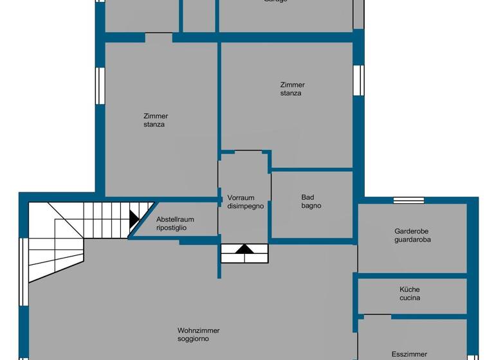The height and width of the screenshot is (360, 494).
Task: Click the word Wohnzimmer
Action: click(199, 330)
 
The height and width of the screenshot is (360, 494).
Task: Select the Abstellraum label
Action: click(175, 219)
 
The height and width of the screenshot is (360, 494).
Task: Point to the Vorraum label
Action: click(241, 198)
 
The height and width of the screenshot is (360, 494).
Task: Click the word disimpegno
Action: click(245, 206)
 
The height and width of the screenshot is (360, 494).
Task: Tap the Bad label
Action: click(308, 197)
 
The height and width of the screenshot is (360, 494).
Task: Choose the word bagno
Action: click(311, 206)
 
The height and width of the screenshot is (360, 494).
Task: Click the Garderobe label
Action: click(412, 231)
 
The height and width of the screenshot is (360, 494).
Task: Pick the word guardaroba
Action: click(412, 239)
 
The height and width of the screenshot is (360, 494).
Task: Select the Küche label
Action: click(410, 289)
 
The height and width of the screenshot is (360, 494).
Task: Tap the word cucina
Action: click(410, 298)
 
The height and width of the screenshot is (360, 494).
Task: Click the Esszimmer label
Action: click(410, 354)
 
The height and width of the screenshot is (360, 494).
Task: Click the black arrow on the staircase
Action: click(134, 219)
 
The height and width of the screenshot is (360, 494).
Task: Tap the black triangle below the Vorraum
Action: click(244, 249)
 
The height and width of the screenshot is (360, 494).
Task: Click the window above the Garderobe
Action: click(408, 200)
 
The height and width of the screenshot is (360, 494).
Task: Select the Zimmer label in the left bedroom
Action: click(156, 116)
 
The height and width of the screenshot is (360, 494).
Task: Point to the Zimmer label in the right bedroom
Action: click(293, 85)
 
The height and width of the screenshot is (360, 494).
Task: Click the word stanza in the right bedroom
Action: click(291, 93)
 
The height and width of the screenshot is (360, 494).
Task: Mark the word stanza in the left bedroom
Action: click(154, 125)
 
